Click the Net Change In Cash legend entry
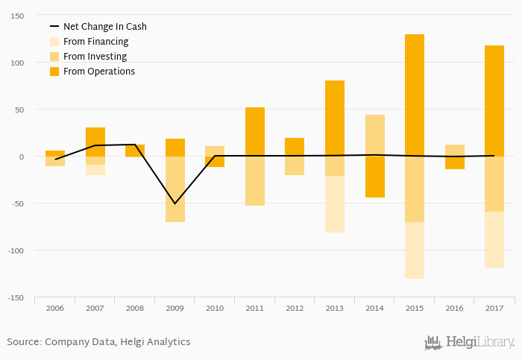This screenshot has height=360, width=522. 104,26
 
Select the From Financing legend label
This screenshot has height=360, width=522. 95,42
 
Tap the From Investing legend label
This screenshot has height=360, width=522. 95,57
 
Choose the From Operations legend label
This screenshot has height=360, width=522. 98,72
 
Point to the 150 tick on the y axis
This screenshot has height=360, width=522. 16,16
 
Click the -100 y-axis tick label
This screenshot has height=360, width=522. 15,250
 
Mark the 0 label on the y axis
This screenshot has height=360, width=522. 22,157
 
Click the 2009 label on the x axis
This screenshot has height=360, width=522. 174,308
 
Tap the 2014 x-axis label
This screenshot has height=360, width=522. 374,308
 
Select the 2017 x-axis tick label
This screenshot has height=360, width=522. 494,308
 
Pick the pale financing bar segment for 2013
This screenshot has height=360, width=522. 335,204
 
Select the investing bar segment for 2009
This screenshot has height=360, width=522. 175,189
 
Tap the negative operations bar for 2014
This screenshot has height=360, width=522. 374,177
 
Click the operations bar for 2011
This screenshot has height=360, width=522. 255,132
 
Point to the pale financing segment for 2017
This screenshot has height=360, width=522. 494,239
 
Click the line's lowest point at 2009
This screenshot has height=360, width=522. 175,203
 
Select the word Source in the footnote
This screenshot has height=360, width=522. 23,342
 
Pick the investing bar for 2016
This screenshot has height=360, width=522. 454,151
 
